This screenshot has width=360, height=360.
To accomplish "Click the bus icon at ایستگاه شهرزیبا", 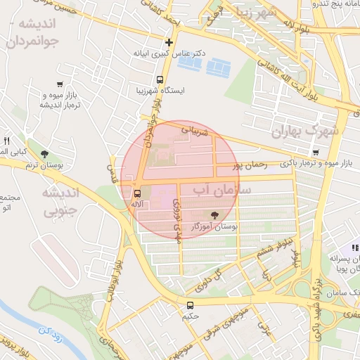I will [x=161, y=79].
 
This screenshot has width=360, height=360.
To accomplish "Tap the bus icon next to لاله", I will [x=137, y=192].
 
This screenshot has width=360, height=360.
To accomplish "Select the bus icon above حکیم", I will [x=191, y=305].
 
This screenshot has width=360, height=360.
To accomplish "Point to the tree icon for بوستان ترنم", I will [x=46, y=154].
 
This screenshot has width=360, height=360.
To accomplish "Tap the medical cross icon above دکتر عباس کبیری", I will [x=169, y=43].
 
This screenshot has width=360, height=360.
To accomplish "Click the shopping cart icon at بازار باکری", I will [x=316, y=151].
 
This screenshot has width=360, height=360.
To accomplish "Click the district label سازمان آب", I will [x=210, y=190].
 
